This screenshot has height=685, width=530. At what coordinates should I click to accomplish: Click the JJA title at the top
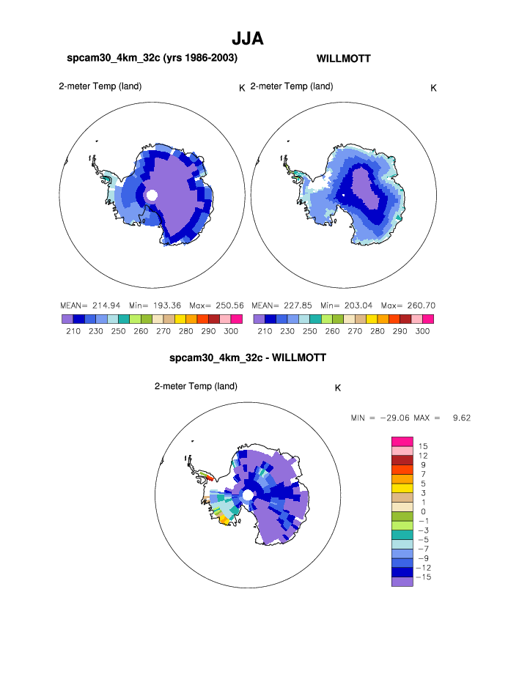[x=247, y=38]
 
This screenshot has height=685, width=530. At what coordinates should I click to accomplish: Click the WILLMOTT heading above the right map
[x=343, y=59]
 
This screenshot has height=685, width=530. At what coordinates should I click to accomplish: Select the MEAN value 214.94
[x=100, y=305]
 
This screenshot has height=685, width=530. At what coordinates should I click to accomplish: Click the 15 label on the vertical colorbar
[x=422, y=446]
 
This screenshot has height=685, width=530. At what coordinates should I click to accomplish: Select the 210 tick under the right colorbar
[x=265, y=331]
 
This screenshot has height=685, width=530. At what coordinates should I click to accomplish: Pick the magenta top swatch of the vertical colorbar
[x=402, y=440]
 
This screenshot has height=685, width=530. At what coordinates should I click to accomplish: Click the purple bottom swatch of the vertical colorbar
[x=402, y=582]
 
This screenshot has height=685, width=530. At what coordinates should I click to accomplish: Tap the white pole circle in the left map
[x=152, y=196]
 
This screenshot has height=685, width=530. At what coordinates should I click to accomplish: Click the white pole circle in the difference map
[x=248, y=496]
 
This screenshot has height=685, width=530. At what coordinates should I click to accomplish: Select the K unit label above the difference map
[x=338, y=388]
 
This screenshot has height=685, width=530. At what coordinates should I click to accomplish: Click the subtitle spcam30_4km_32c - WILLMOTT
[x=247, y=358]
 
